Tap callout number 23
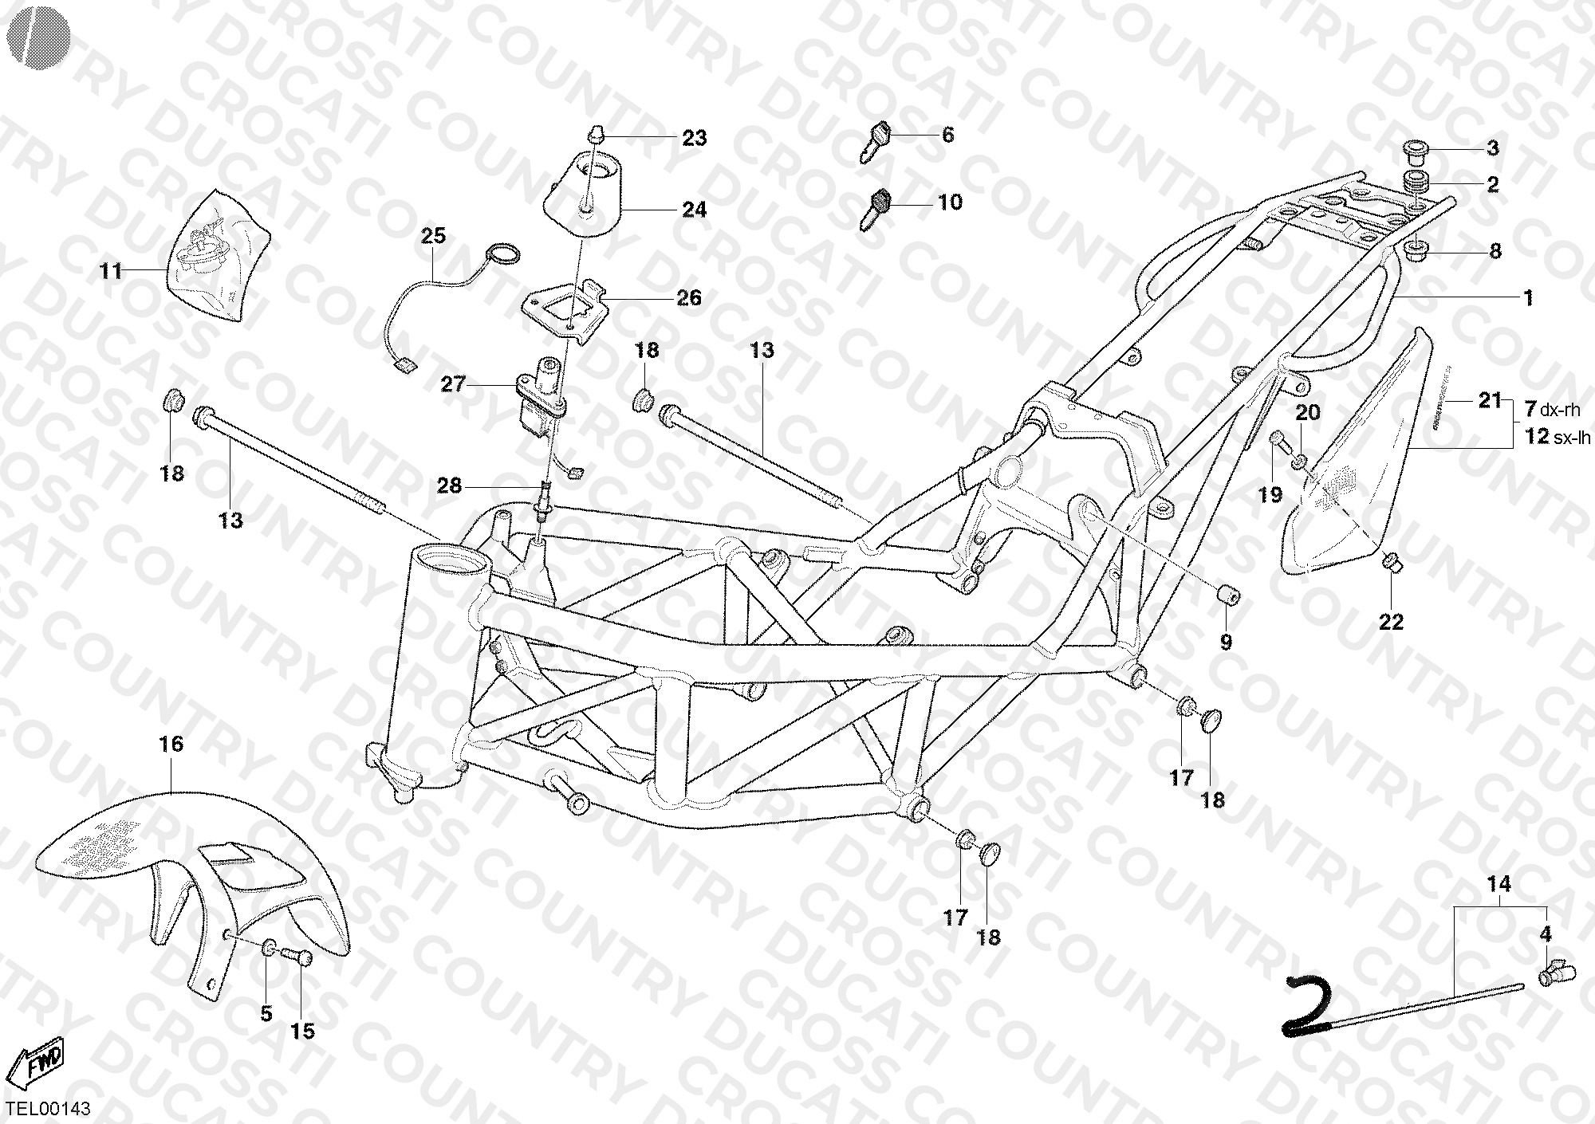(694, 138)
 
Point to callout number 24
(694, 210)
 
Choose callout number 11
(111, 272)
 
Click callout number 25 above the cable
(434, 236)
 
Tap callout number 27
(453, 385)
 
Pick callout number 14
(1499, 884)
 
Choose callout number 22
(1391, 621)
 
